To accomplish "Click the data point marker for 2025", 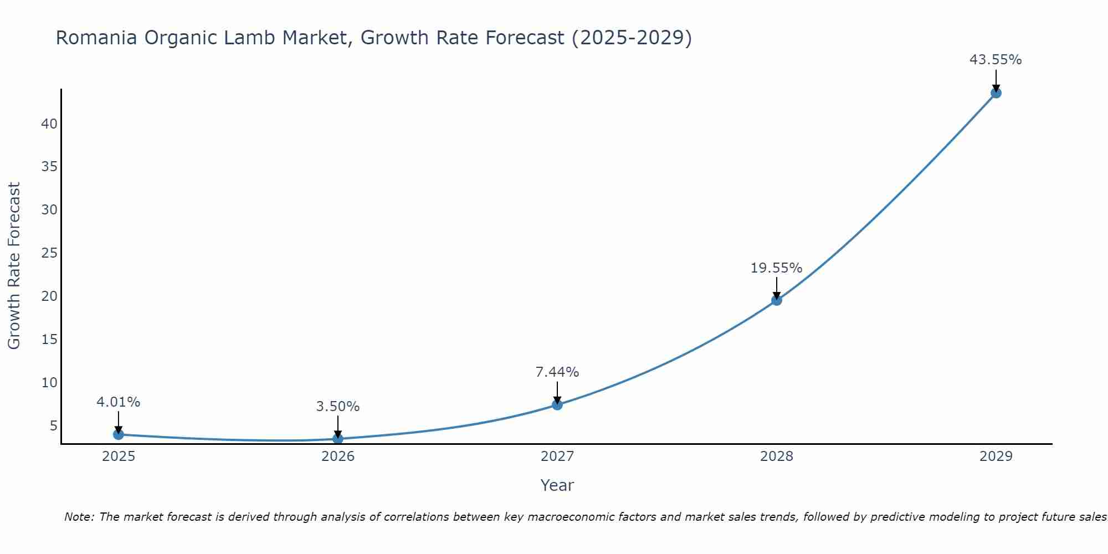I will tap(118, 434).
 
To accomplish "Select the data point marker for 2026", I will tap(338, 439).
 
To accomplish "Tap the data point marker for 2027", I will tap(557, 405).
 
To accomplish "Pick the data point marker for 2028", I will tap(777, 300).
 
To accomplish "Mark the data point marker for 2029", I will tap(996, 93).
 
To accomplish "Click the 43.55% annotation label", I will tap(996, 60).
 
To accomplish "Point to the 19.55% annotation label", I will tap(776, 268).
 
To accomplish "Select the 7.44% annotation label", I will tap(557, 372).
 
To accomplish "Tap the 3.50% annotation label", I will tap(338, 407).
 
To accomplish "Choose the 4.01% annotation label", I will tap(119, 402).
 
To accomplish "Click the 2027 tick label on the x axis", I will tap(557, 456).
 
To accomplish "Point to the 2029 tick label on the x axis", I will tap(996, 456).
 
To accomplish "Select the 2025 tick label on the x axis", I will tap(119, 456).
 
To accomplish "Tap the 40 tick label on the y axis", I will tap(49, 124).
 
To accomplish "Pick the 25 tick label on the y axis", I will tap(49, 253).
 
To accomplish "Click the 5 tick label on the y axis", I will tap(53, 426).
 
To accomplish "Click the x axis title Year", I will tap(557, 485).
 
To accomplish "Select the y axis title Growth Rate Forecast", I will tap(14, 265).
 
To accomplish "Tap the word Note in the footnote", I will tap(79, 517).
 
